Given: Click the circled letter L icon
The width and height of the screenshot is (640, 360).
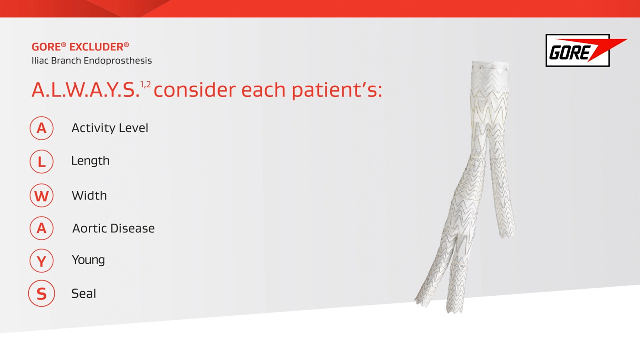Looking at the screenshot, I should pos(41,161).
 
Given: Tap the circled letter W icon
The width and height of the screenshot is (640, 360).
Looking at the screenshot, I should pos(41,195).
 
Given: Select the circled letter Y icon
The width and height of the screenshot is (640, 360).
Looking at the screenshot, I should pos(41,261).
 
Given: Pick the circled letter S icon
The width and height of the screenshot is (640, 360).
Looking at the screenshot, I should pos(41,294).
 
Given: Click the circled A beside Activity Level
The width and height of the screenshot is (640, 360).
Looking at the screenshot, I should pos(41,128).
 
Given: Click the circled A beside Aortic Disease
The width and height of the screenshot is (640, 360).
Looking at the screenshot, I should pos(41,228).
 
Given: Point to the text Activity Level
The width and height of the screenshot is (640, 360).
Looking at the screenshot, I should pos(110,128).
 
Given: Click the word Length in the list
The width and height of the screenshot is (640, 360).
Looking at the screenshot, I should pos(90,161).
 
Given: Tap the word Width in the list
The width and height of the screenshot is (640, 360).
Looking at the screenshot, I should pos(89,195).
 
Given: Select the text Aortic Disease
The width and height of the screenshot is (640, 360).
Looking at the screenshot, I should pos(113,228).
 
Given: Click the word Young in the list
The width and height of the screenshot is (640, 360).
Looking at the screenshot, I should pos(88,260).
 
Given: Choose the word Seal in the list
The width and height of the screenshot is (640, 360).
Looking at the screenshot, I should pos(84,294).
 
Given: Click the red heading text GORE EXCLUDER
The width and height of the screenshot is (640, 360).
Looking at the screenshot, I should pos(80,47).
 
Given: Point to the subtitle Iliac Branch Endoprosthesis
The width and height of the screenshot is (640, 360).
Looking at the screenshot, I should pos(92,61).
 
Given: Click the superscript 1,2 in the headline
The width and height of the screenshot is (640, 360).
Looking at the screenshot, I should pos(145,84).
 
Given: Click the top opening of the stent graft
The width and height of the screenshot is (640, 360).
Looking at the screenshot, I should pos(490,65).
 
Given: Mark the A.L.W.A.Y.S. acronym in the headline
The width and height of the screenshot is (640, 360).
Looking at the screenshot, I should pos(85,90).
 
